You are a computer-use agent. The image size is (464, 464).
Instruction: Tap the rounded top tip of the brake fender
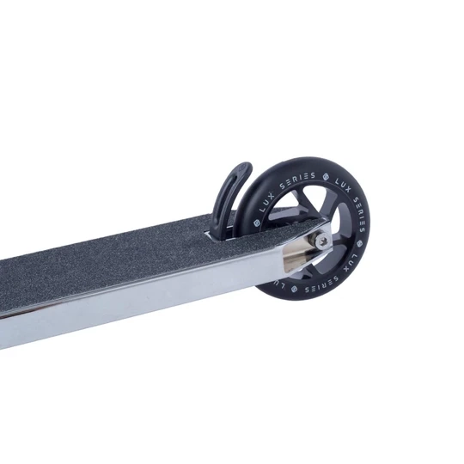(x=245, y=168)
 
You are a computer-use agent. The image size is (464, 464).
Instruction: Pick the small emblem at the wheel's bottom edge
(x=294, y=288)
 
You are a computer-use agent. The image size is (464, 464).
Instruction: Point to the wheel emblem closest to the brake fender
(x=256, y=223)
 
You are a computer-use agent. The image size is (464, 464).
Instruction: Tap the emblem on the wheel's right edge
(x=359, y=244)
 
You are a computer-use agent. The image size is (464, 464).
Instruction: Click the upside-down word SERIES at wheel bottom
(x=318, y=285)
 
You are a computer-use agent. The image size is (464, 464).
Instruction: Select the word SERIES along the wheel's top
(x=297, y=180)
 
